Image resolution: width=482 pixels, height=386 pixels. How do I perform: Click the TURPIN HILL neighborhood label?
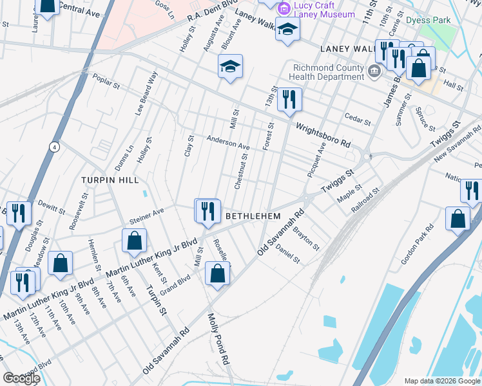[x=110, y=181]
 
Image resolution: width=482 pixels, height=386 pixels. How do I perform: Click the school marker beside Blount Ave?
[x=230, y=66]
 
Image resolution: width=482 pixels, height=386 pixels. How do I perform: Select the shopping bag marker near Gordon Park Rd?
[x=458, y=218]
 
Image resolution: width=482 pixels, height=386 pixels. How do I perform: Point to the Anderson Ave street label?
[x=227, y=142]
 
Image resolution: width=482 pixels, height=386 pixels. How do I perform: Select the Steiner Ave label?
[x=146, y=217]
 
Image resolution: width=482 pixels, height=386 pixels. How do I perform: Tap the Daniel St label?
[x=287, y=255]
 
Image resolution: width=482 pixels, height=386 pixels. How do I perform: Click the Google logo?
[x=21, y=378]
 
